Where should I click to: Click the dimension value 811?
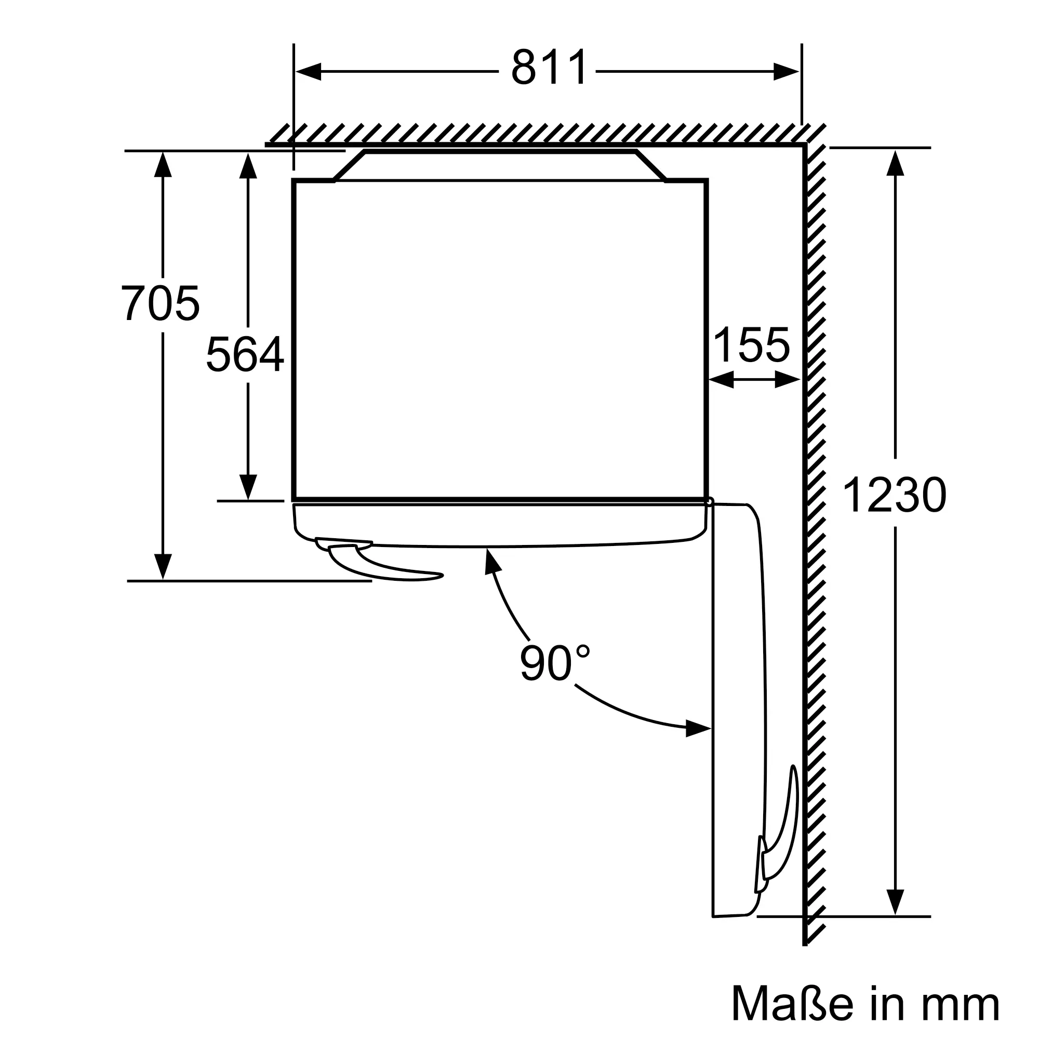click(x=549, y=67)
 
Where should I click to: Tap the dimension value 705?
click(x=160, y=303)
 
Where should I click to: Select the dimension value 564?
click(x=245, y=354)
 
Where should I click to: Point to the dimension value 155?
click(x=751, y=345)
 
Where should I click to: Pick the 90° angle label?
click(x=554, y=663)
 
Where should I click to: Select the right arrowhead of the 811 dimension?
click(x=786, y=72)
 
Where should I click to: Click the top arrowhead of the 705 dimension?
click(x=163, y=164)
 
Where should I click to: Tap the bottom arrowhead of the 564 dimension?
click(x=247, y=487)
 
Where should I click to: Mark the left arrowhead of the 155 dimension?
click(x=721, y=380)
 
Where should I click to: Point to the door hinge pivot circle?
click(x=709, y=502)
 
